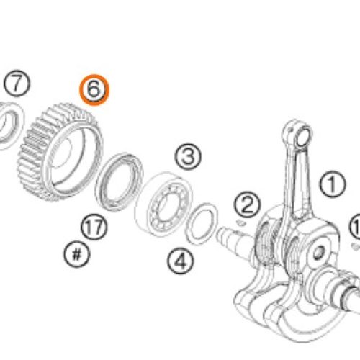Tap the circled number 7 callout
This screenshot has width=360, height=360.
point(17,84)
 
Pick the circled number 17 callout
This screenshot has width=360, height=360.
point(94,228)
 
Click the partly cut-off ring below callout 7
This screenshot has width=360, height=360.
point(9,127)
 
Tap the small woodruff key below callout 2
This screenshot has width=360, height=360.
point(241,222)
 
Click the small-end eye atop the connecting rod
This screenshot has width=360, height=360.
point(300,135)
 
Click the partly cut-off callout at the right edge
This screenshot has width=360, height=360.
point(356,230)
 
